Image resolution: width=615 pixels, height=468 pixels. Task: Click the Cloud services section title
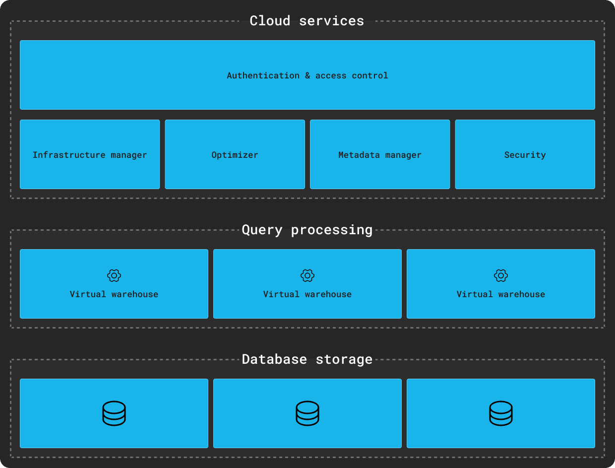tap(307, 21)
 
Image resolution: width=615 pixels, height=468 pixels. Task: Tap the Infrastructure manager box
tap(90, 155)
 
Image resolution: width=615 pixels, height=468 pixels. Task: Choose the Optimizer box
tap(235, 155)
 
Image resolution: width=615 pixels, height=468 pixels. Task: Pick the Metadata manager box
tap(380, 155)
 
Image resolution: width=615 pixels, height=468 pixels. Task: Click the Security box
tap(525, 155)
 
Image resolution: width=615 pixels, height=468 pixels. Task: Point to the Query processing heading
tap(307, 230)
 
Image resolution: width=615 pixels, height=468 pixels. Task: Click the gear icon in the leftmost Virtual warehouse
tap(114, 275)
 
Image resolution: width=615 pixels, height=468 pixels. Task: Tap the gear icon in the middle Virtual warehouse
tap(307, 275)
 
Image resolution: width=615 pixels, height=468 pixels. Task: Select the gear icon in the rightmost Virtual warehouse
tap(501, 275)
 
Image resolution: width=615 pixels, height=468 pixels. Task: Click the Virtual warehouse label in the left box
tap(114, 294)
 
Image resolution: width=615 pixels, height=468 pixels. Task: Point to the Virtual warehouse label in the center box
tap(307, 294)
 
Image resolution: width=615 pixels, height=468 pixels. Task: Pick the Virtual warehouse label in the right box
tap(501, 294)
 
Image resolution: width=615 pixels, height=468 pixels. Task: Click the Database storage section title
tap(307, 359)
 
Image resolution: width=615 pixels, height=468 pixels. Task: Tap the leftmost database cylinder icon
tap(114, 413)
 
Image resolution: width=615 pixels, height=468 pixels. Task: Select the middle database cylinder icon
tap(307, 413)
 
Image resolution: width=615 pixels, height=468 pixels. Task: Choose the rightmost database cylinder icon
tap(501, 413)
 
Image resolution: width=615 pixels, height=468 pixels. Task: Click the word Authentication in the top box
tap(263, 75)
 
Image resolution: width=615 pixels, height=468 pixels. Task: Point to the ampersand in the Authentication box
tap(307, 75)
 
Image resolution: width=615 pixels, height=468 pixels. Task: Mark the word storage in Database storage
tap(344, 359)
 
